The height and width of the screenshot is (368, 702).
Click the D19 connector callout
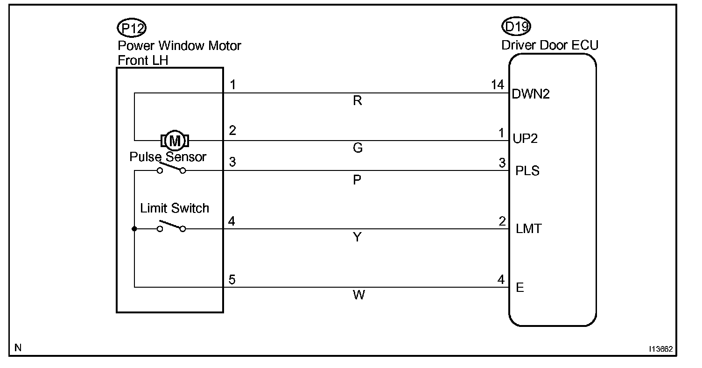tap(516, 27)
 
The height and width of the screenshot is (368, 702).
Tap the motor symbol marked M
tap(175, 140)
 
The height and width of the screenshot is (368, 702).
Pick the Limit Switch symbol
tap(171, 227)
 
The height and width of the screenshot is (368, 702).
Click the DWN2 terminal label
tap(531, 94)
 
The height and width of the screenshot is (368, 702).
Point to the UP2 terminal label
tap(525, 139)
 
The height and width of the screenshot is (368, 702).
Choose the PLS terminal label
tap(527, 171)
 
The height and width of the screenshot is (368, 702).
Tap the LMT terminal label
tap(528, 229)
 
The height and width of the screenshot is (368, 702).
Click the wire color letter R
tap(358, 101)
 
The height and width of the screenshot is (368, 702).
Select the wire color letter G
tap(358, 148)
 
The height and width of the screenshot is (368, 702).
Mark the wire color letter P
tap(358, 180)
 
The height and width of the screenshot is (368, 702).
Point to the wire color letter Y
tap(358, 237)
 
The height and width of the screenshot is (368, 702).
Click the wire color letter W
tap(358, 295)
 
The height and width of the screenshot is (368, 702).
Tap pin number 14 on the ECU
tap(498, 85)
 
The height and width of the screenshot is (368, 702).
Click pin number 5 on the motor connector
tap(232, 279)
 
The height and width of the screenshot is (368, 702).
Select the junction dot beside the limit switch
tap(134, 229)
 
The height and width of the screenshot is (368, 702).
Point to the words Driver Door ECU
tap(549, 45)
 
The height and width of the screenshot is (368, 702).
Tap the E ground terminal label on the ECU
tap(519, 288)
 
